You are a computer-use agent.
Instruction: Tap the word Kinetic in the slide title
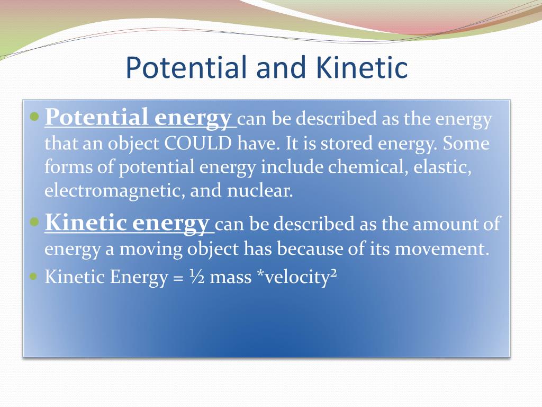[362, 67]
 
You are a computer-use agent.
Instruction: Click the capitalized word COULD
[198, 143]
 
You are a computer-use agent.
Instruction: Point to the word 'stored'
[347, 143]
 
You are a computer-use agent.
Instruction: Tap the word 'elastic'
[443, 167]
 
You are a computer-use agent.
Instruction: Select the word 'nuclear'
[259, 190]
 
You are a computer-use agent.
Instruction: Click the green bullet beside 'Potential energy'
[35, 117]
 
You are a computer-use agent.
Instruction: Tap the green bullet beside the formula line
[33, 277]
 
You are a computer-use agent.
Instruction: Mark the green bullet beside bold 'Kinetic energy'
[35, 222]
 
